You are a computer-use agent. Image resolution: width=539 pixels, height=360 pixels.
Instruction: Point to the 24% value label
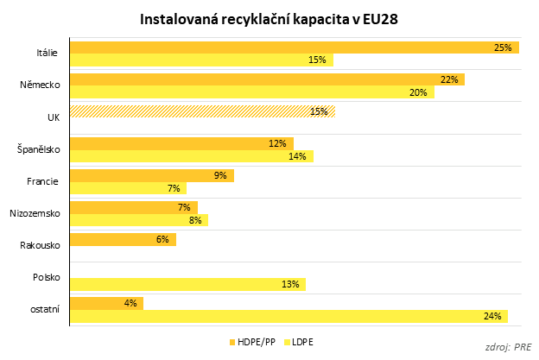493,316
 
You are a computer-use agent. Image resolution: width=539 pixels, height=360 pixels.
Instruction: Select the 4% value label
131,303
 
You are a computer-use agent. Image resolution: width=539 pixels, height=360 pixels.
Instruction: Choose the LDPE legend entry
301,343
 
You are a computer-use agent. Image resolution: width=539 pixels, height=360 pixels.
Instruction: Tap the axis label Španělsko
38,149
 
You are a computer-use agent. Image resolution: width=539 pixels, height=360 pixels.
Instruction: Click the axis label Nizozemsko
35,213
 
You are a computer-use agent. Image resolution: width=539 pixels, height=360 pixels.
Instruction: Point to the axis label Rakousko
40,245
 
